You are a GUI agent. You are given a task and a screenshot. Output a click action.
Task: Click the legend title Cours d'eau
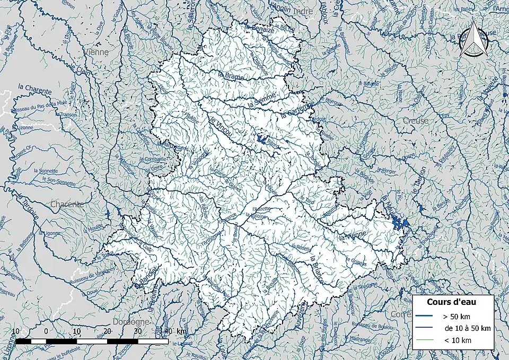point(451,302)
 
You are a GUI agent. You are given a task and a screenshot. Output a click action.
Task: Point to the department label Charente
point(67,204)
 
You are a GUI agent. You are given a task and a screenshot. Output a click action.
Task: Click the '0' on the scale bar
point(46,331)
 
